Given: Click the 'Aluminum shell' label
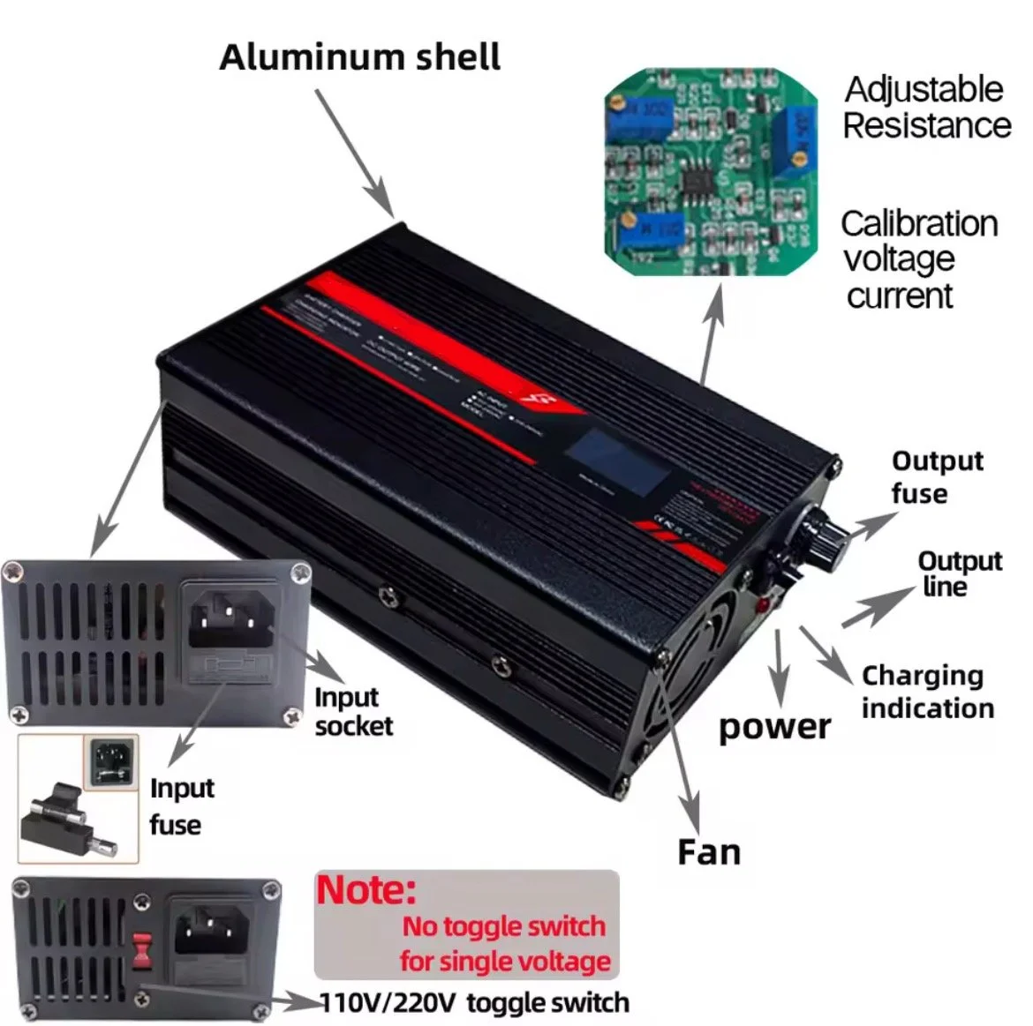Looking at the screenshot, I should [359, 57].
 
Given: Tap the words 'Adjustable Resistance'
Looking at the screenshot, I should [925, 108].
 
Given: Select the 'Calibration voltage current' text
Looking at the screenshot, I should [918, 259].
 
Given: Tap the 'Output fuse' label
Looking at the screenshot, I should [936, 477].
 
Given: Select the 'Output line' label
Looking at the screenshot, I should [959, 573].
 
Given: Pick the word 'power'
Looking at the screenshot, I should [774, 727].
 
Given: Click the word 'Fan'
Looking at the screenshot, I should [708, 852].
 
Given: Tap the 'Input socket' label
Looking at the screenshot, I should [352, 711].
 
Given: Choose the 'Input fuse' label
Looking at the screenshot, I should [181, 806].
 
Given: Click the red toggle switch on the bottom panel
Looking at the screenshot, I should [138, 951].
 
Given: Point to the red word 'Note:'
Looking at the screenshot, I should [366, 890].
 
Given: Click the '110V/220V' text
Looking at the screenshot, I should [388, 1003].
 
